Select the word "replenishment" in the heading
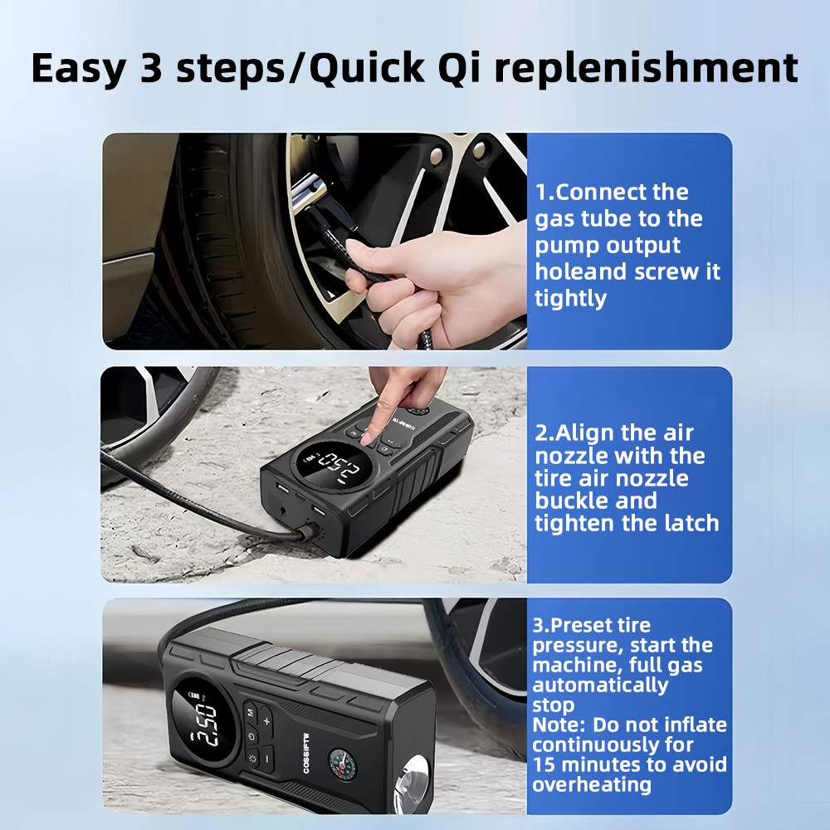(x=646, y=69)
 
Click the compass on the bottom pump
(x=342, y=764)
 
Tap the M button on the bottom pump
(x=251, y=712)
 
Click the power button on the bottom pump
(x=251, y=736)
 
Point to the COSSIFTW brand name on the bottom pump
(x=306, y=753)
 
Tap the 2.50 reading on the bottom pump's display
(x=204, y=725)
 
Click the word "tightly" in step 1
(x=571, y=299)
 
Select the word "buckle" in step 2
(x=596, y=500)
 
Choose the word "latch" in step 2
(x=692, y=523)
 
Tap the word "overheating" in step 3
(x=592, y=785)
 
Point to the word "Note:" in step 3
(x=559, y=725)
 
